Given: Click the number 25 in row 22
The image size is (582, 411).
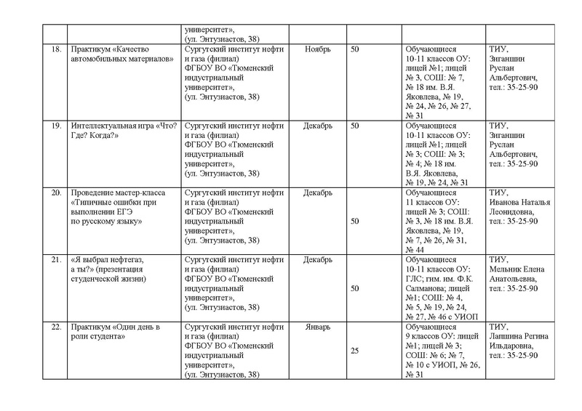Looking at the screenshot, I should pos(356,351).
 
